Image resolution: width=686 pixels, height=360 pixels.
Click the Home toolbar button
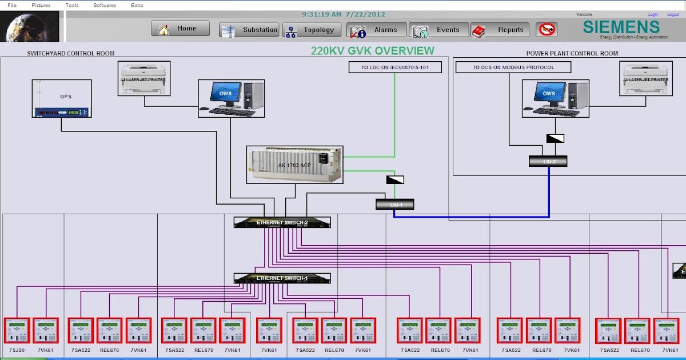[180, 29]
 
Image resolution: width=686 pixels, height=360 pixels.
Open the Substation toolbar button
[249, 30]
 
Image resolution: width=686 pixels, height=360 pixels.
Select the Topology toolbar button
[312, 30]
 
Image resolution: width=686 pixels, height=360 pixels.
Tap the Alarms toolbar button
[377, 30]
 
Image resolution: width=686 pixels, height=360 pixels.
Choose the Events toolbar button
[439, 30]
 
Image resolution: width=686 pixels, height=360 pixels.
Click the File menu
[11, 5]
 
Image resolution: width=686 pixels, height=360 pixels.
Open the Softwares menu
[105, 5]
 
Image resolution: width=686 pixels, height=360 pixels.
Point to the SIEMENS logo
[621, 27]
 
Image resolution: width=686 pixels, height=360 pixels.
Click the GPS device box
[62, 99]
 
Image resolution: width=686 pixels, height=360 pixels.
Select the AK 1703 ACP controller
[294, 165]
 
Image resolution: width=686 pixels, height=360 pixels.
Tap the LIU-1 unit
[394, 204]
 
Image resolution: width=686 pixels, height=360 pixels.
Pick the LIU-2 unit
[548, 161]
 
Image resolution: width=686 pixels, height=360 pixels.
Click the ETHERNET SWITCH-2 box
[282, 222]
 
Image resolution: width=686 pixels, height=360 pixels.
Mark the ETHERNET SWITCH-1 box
[282, 278]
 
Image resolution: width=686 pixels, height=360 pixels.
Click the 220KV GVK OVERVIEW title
[372, 51]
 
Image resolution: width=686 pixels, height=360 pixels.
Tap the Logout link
[672, 15]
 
